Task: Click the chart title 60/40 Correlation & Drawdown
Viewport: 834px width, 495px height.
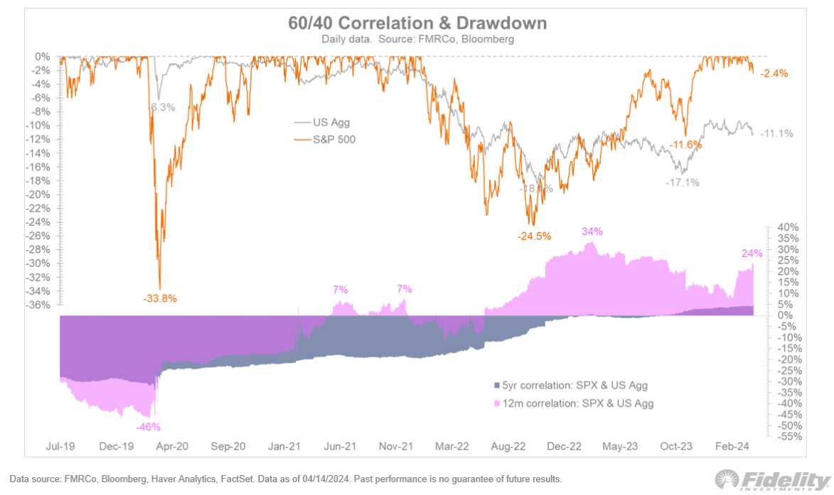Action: (x=417, y=23)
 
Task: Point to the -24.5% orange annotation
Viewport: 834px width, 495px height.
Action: (x=532, y=236)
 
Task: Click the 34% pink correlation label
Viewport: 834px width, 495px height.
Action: (x=592, y=232)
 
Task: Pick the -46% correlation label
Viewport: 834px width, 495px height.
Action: (x=149, y=427)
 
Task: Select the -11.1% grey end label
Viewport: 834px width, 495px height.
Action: (x=777, y=134)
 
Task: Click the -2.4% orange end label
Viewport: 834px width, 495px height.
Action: (x=774, y=73)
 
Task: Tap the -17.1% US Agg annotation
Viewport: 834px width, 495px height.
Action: (x=683, y=183)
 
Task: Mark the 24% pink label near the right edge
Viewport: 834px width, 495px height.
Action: (x=752, y=254)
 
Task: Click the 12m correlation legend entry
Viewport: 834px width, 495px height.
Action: (x=573, y=403)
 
